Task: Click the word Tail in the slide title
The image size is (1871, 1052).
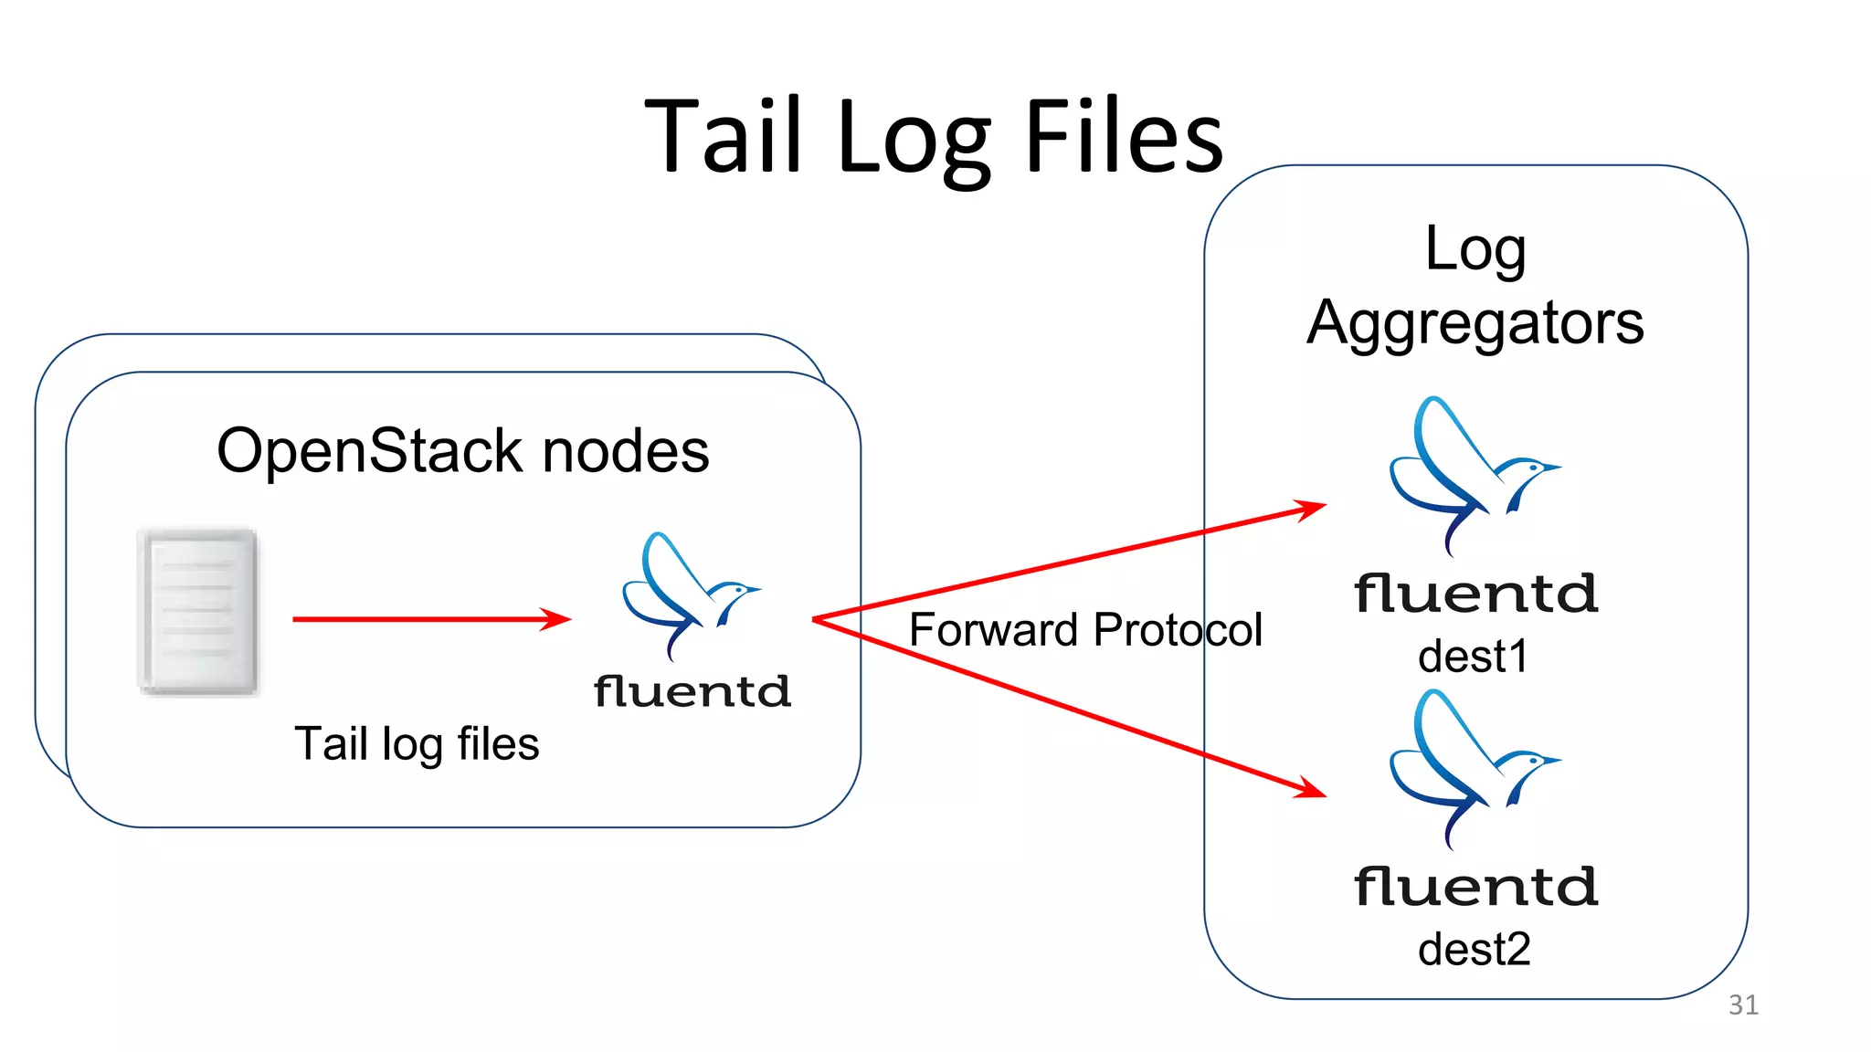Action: (723, 137)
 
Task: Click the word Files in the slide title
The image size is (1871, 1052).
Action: (1123, 137)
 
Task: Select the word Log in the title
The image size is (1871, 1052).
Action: (913, 142)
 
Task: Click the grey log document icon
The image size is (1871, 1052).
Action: (198, 611)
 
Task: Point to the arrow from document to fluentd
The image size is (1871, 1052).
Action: (429, 619)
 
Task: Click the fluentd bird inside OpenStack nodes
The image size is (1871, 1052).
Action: (689, 594)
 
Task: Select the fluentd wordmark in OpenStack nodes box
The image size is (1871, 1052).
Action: (692, 691)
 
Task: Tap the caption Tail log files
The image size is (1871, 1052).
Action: (417, 743)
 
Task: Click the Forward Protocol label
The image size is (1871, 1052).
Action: (1085, 629)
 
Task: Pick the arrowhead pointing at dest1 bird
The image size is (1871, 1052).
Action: (1311, 508)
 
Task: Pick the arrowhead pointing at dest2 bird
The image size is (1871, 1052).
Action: (1311, 788)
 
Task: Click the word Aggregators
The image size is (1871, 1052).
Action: (1475, 323)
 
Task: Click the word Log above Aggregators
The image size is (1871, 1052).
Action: (1475, 248)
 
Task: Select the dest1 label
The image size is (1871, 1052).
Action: (1473, 656)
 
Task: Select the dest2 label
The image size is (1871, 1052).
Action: (1474, 949)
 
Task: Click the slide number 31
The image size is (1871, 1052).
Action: (1743, 1005)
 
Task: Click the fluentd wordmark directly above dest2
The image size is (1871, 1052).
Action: (1475, 887)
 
